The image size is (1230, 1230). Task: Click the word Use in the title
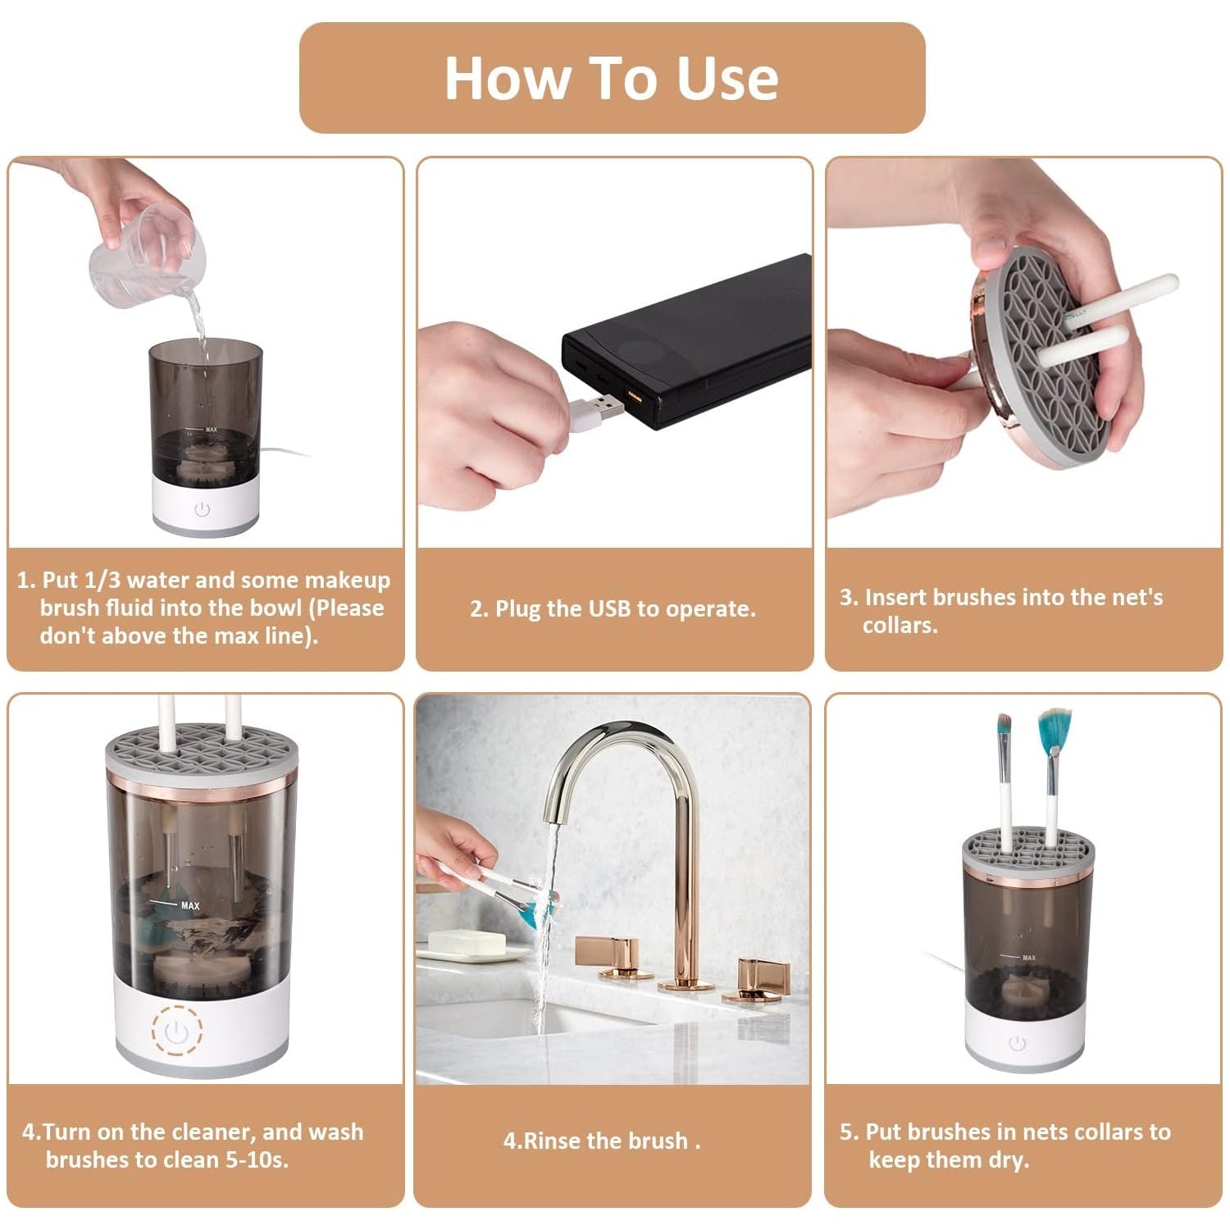(x=727, y=79)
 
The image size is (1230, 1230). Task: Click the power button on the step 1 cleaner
(x=203, y=510)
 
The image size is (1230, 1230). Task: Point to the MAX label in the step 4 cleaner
(x=190, y=905)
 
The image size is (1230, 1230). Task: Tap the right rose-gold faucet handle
(x=763, y=976)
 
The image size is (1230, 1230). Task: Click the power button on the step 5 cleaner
(x=1018, y=1043)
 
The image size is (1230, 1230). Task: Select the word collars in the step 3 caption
(x=899, y=625)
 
